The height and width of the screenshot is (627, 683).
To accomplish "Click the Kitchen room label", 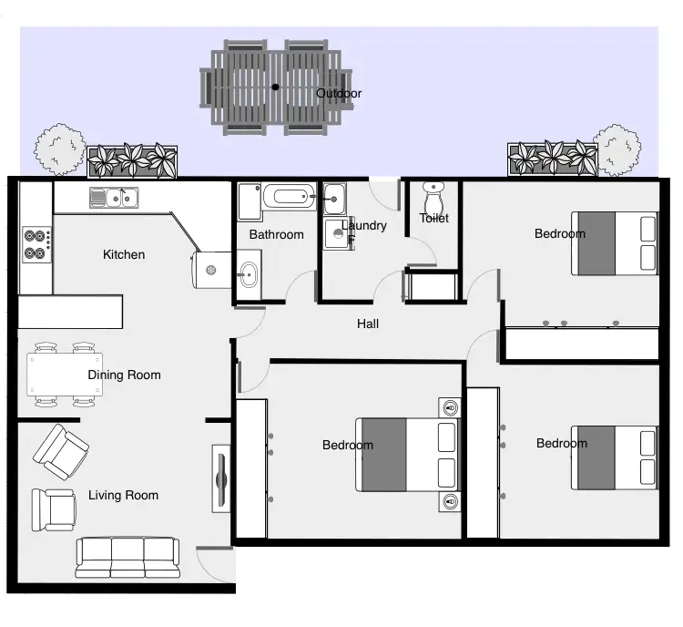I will coord(124,254).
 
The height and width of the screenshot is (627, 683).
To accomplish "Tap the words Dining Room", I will coord(124,375).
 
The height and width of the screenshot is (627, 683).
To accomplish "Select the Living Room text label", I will coord(123,495).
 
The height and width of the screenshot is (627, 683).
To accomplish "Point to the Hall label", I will coord(368,324).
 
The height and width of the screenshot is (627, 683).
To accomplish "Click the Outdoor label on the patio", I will coord(339,93).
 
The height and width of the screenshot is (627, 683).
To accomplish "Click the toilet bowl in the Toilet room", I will coord(433,199).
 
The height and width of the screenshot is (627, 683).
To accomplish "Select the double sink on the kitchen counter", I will coord(114,196).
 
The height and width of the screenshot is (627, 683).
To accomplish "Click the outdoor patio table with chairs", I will coord(276,87).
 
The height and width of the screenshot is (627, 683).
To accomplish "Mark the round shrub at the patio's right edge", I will coord(617,149).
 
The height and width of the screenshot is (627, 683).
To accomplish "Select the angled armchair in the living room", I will coord(61,451).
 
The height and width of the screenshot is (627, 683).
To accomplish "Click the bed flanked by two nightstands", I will coord(408,453).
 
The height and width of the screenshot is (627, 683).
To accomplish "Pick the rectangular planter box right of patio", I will coord(552,159).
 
